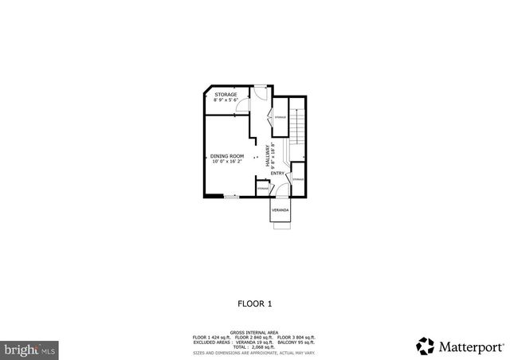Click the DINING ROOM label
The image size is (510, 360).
pos(226,155)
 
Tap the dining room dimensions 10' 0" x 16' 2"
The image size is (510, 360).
pos(226,162)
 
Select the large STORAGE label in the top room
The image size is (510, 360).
pos(226,95)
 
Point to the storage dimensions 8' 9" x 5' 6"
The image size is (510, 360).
pos(226,100)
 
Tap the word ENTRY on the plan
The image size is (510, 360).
pos(277,174)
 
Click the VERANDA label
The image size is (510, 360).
pos(280,210)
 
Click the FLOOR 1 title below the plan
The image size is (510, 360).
pos(255,303)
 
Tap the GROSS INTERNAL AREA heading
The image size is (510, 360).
pos(255,333)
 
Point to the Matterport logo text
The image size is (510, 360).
pos(470,346)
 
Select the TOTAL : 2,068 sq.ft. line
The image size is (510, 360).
pos(255,346)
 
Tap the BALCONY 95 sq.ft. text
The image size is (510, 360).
pos(297,342)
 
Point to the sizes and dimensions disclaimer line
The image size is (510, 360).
pos(255,351)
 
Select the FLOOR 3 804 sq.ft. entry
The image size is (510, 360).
pos(296,338)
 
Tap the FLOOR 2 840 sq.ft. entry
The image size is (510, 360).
pos(254,338)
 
